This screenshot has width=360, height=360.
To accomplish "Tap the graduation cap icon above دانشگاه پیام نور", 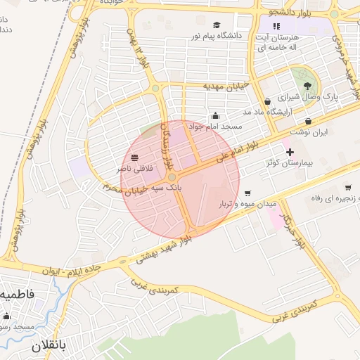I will pos(216,25).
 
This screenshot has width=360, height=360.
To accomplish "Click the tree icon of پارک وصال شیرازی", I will pos(304,84).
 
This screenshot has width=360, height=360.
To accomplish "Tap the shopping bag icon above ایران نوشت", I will pos(309,122).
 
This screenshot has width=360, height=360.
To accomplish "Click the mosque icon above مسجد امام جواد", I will pos(214,116).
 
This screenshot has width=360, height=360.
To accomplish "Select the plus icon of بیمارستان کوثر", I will pos(289,152).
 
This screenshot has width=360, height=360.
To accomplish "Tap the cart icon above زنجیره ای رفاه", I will pos(348,187).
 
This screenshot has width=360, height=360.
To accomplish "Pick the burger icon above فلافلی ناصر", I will pos(134,157).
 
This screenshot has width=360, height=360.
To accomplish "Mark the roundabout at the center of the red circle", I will pos(174,177).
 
